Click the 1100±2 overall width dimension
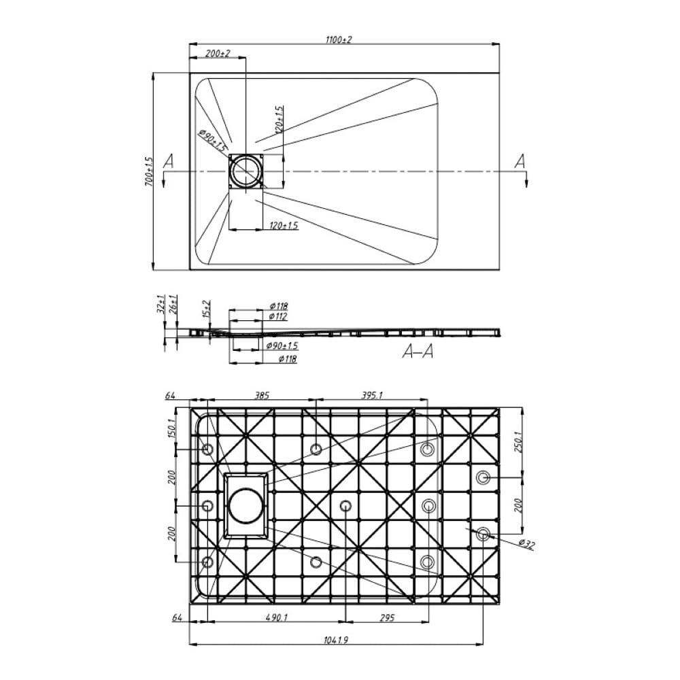pyautogui.click(x=339, y=39)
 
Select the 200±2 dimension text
pyautogui.click(x=218, y=53)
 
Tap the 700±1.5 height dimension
pyautogui.click(x=148, y=171)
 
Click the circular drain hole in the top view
pyautogui.click(x=246, y=171)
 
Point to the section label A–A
pyautogui.click(x=418, y=352)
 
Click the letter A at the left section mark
pyautogui.click(x=168, y=161)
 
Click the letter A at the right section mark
pyautogui.click(x=520, y=161)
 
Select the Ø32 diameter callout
pyautogui.click(x=526, y=544)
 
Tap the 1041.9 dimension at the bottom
pyautogui.click(x=336, y=640)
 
